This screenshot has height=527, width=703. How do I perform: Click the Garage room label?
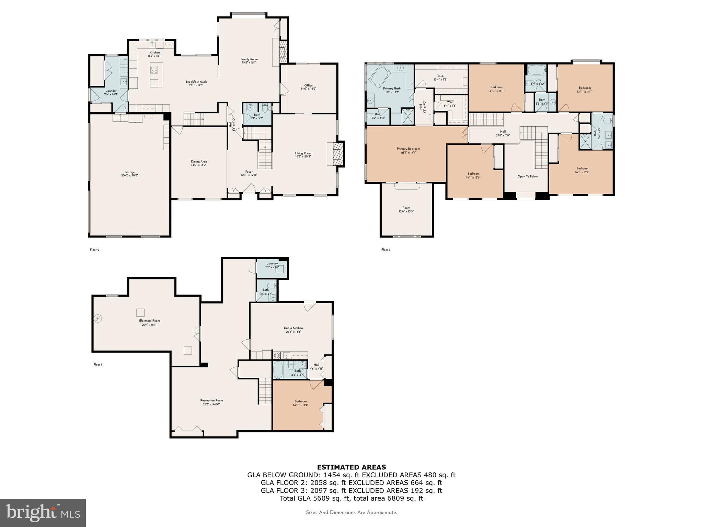[129, 174]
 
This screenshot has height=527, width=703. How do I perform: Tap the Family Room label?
[249, 61]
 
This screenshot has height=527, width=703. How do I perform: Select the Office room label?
[308, 87]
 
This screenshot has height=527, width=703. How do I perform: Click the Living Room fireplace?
[338, 154]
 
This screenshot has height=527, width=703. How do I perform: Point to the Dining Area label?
[199, 163]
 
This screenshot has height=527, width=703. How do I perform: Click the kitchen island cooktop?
[154, 70]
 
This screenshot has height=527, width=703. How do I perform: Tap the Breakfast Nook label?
[196, 83]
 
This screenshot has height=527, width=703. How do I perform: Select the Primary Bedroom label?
[408, 150]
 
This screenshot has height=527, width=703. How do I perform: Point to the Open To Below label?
[527, 176]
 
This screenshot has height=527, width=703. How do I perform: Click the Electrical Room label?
[149, 323]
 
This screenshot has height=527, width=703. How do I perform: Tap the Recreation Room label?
[211, 402]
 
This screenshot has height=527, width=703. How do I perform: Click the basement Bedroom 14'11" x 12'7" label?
[300, 403]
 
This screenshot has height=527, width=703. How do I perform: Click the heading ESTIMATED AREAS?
[351, 467]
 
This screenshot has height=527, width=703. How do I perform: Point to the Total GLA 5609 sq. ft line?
[351, 498]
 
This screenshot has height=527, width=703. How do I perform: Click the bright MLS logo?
[43, 513]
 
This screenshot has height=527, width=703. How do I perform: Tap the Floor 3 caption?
[385, 250]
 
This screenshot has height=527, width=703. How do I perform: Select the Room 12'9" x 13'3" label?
[406, 209]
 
